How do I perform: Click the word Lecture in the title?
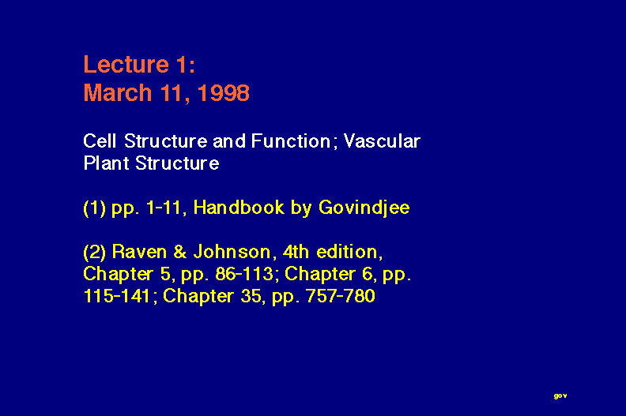(126, 64)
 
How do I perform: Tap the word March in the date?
(117, 93)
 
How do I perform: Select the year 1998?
(224, 93)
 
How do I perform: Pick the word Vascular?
(382, 141)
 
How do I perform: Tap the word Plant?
(106, 163)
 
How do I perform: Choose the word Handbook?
(239, 208)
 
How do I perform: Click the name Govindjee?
(364, 208)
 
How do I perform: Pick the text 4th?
(296, 252)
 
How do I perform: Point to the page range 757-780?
(340, 296)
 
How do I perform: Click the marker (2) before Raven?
(95, 253)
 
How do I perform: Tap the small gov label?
(560, 395)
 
